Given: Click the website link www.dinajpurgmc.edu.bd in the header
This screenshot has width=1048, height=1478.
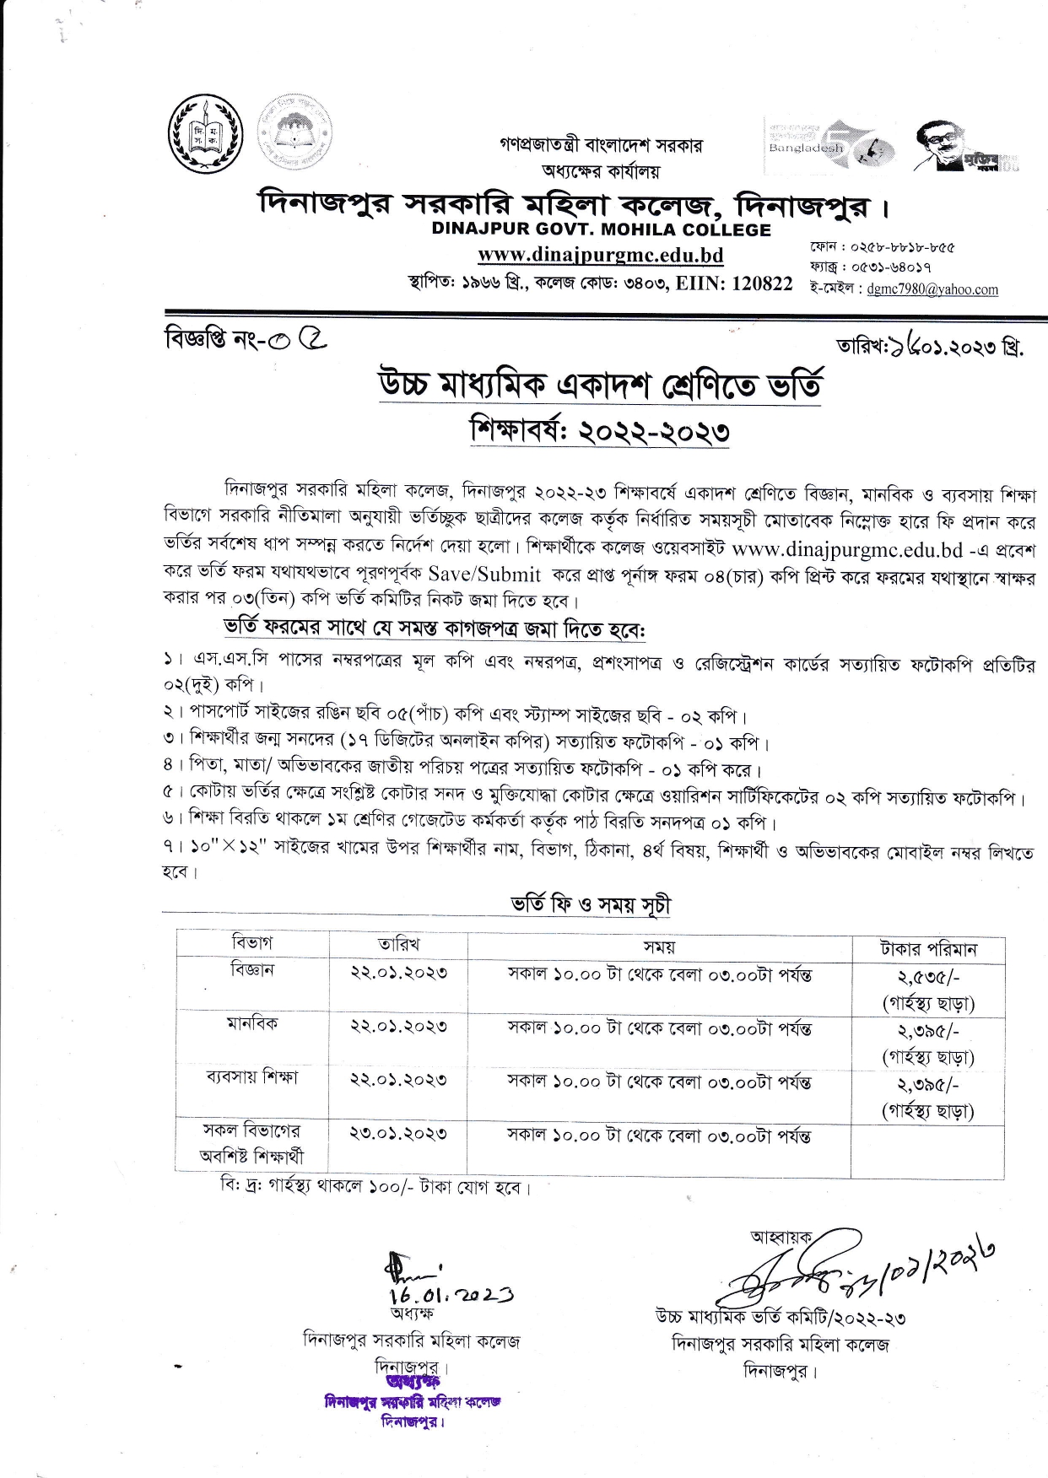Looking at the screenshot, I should (600, 255).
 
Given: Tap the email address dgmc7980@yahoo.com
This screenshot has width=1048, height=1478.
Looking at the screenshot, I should (932, 289).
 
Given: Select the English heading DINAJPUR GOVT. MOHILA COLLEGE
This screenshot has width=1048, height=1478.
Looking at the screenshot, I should (601, 229).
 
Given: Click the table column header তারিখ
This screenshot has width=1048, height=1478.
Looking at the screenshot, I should (398, 944).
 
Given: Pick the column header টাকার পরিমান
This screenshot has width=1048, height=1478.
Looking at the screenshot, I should (928, 949).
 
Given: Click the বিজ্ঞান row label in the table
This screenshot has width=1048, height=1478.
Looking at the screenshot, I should (251, 970).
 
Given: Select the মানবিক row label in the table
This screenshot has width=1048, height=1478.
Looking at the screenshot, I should (251, 1024).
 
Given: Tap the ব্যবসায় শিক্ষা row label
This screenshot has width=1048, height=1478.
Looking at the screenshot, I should (251, 1077).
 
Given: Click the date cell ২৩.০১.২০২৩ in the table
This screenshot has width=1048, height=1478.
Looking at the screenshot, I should (398, 1134).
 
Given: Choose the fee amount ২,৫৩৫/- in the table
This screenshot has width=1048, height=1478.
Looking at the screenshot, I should (928, 977).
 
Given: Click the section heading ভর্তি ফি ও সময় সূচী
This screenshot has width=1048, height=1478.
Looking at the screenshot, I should (591, 905).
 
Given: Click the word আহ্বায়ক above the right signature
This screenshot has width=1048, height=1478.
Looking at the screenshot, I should (781, 1238).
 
